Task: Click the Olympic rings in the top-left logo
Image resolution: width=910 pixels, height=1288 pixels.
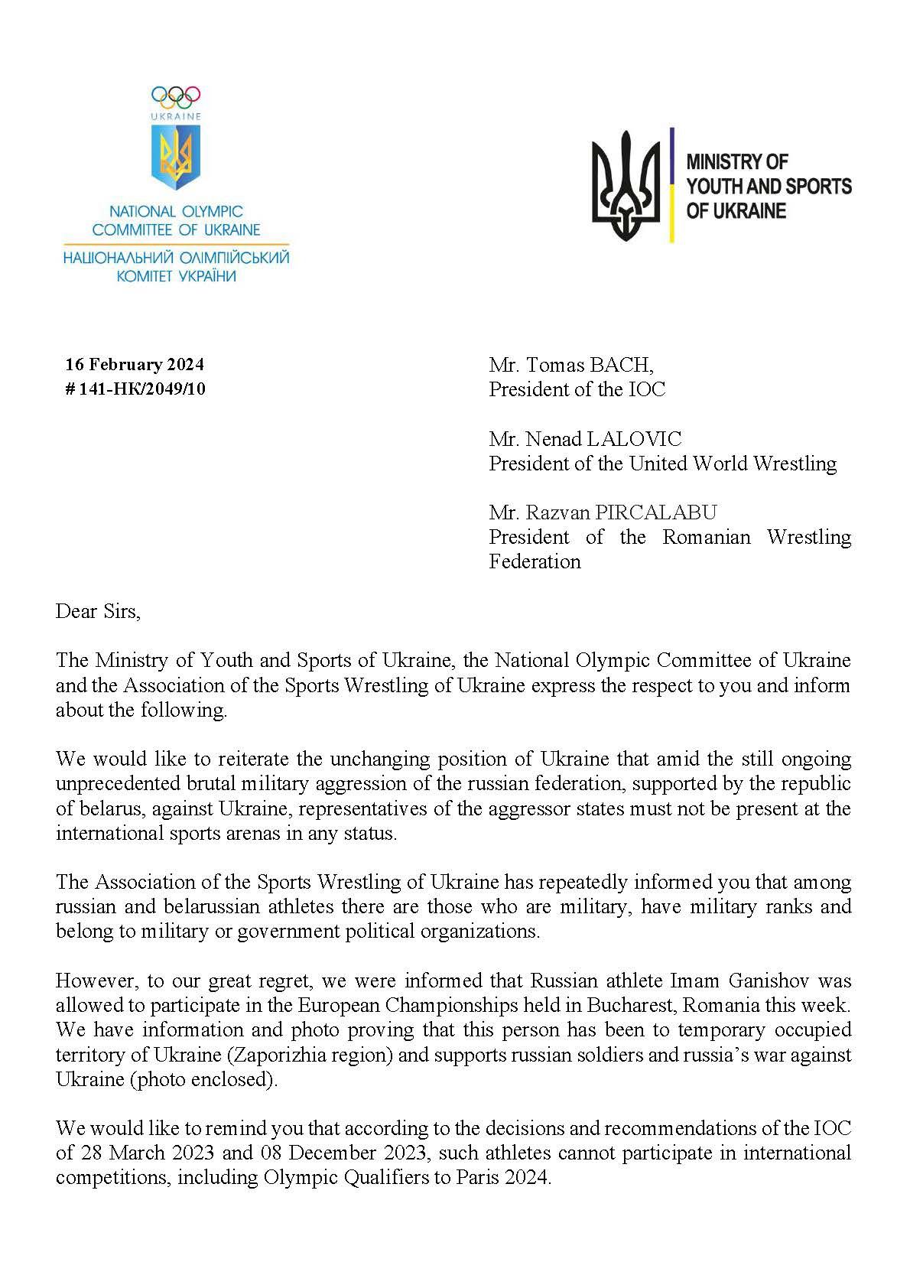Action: click(176, 96)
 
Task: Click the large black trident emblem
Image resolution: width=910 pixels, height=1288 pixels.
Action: click(626, 186)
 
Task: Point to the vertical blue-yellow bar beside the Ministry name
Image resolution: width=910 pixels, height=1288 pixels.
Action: click(671, 185)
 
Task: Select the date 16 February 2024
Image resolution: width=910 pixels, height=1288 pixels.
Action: click(135, 364)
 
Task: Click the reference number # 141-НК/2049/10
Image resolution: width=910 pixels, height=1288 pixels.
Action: click(135, 389)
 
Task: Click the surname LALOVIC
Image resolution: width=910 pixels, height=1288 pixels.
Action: click(632, 438)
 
